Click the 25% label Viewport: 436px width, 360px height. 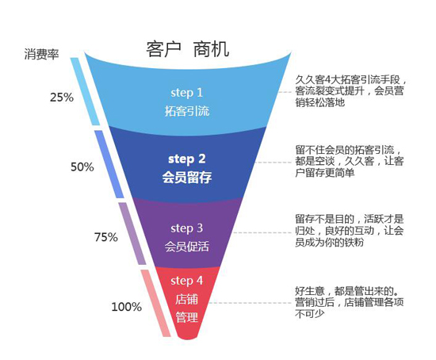click(61, 98)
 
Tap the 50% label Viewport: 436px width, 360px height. click(82, 167)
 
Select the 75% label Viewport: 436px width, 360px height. click(105, 236)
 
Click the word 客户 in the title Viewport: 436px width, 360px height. click(165, 48)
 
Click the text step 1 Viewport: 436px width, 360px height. click(187, 92)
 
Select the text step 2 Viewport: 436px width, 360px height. click(187, 158)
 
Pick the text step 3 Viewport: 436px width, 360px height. click(187, 228)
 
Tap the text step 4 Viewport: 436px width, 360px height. click(187, 281)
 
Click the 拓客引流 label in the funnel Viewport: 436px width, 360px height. click(187, 111)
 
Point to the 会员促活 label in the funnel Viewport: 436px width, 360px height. click(187, 247)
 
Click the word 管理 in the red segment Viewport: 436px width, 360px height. click(187, 317)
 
